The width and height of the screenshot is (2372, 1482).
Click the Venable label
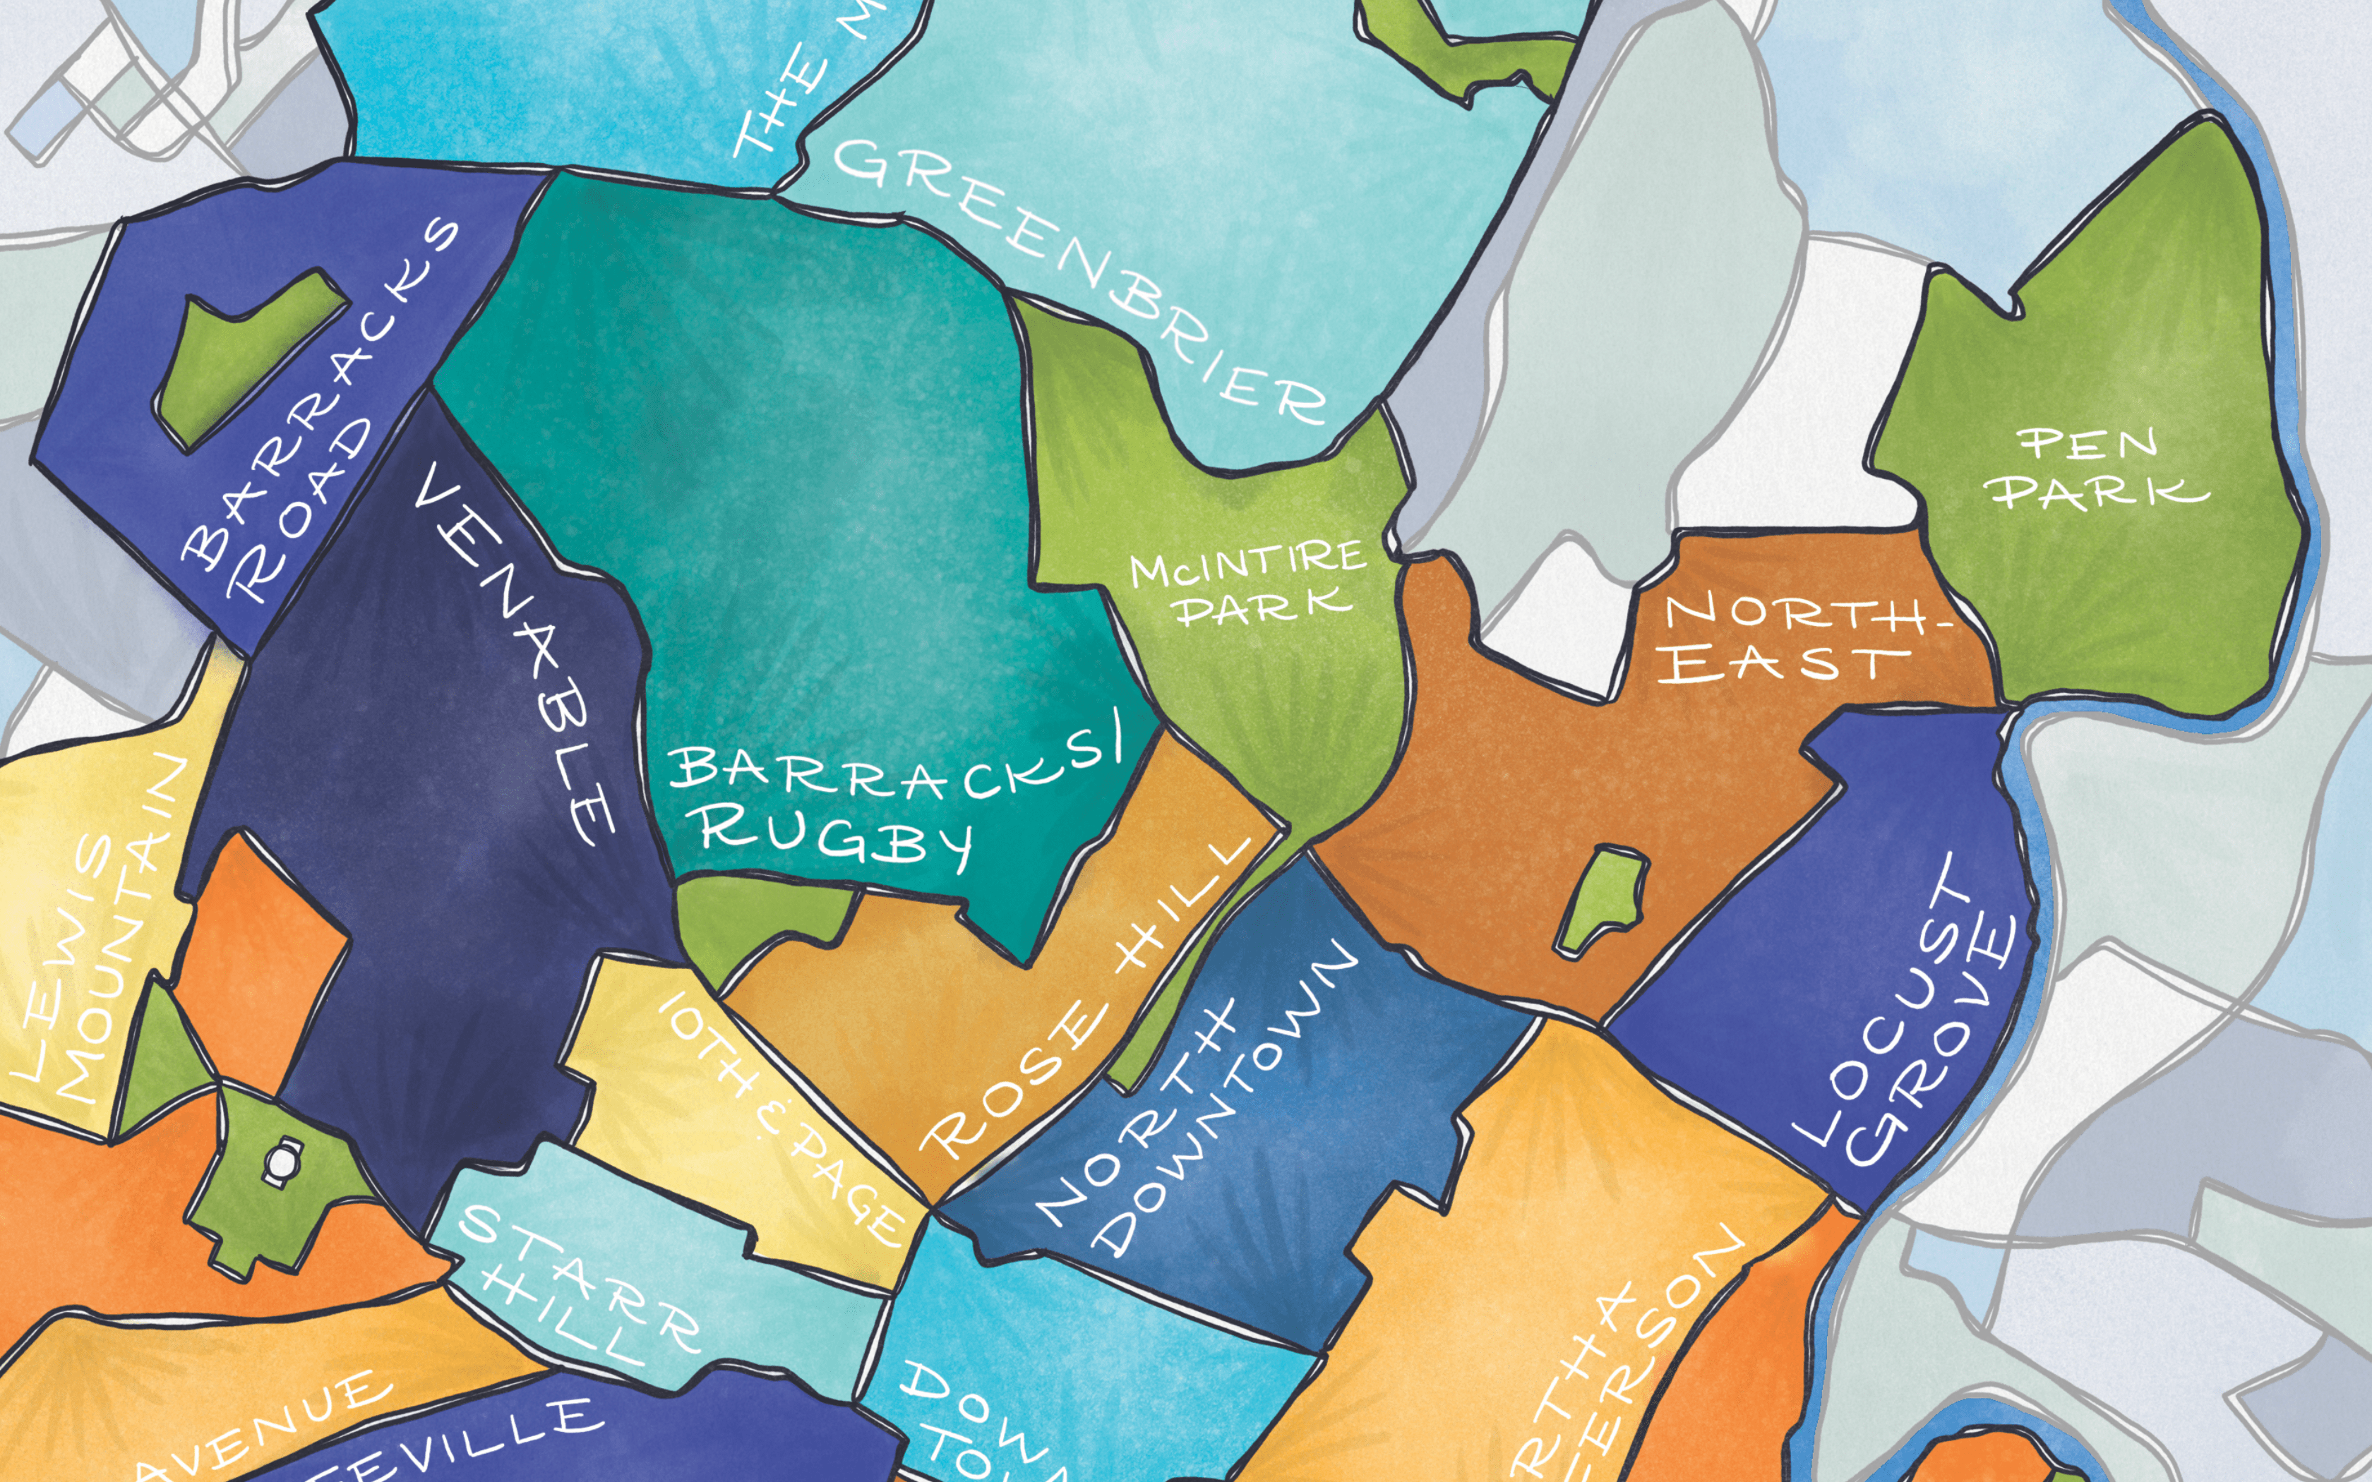click(x=515, y=652)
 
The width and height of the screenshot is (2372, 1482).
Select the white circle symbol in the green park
click(x=281, y=1162)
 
